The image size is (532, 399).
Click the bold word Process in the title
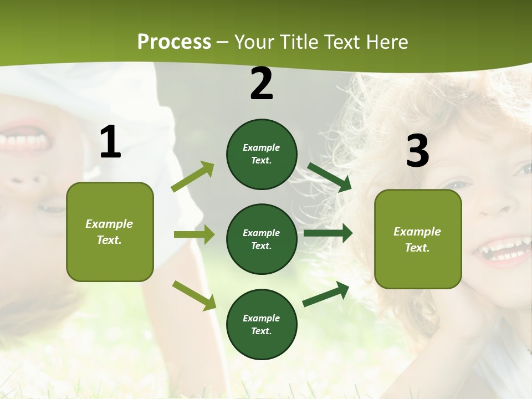174,42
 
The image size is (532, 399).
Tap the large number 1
110,143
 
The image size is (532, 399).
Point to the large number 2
262,84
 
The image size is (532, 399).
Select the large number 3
417,151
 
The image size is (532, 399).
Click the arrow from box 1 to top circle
193,177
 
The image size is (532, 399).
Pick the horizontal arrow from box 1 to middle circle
194,234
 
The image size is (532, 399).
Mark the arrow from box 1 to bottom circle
194,295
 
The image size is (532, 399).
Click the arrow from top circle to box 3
329,177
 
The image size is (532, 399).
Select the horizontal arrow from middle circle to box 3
328,233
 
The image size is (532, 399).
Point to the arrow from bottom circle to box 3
326,294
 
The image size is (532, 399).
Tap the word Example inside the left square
109,224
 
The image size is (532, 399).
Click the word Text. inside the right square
417,248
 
